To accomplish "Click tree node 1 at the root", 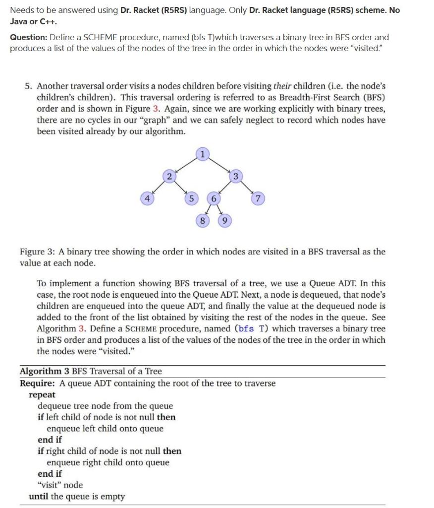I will point(202,154).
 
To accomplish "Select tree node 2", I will point(169,177).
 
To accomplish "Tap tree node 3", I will point(236,177).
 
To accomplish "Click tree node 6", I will point(214,199).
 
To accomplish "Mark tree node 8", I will point(202,221).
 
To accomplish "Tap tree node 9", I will point(224,221).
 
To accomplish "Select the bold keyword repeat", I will point(42,395).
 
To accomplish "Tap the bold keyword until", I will point(39,496).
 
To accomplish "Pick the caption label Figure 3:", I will point(38,252).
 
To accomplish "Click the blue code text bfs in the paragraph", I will point(246,328).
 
